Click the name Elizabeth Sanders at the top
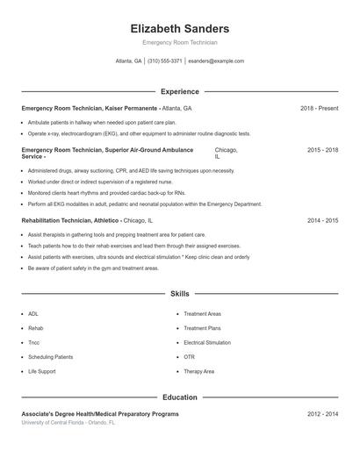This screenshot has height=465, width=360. (x=179, y=28)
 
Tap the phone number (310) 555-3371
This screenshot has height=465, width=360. (x=165, y=61)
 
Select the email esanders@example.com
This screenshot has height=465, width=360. (x=216, y=61)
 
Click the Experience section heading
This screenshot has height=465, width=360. (x=179, y=91)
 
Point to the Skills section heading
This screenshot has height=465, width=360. (x=179, y=293)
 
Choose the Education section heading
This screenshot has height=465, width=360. (x=179, y=397)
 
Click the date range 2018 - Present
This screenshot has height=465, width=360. (x=319, y=108)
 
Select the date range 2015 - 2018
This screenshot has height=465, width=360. (x=322, y=150)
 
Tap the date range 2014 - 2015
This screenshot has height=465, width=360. (x=322, y=221)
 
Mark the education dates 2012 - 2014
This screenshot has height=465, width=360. (x=322, y=413)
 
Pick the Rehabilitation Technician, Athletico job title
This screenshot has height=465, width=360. (x=72, y=221)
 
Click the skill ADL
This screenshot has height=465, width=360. (x=33, y=313)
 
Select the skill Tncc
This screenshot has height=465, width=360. (x=34, y=342)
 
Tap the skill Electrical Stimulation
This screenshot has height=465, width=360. (x=207, y=342)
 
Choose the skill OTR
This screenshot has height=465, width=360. (x=189, y=357)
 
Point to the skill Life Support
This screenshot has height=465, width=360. (x=41, y=371)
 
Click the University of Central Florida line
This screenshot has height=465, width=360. (x=68, y=422)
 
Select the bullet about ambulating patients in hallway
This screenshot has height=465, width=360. (x=102, y=123)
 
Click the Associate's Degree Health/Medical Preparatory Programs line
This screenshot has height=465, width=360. (x=100, y=413)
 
